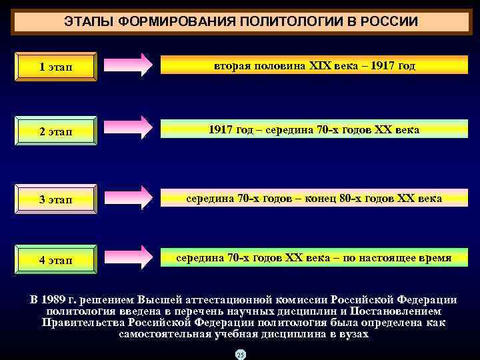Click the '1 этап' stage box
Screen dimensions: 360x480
click(x=56, y=67)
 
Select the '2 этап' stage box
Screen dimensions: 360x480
click(x=56, y=131)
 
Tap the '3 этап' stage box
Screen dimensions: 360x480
click(x=56, y=199)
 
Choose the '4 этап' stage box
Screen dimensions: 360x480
click(x=56, y=260)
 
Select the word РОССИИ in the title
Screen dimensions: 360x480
click(x=389, y=22)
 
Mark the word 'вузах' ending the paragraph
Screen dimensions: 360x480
click(x=353, y=333)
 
